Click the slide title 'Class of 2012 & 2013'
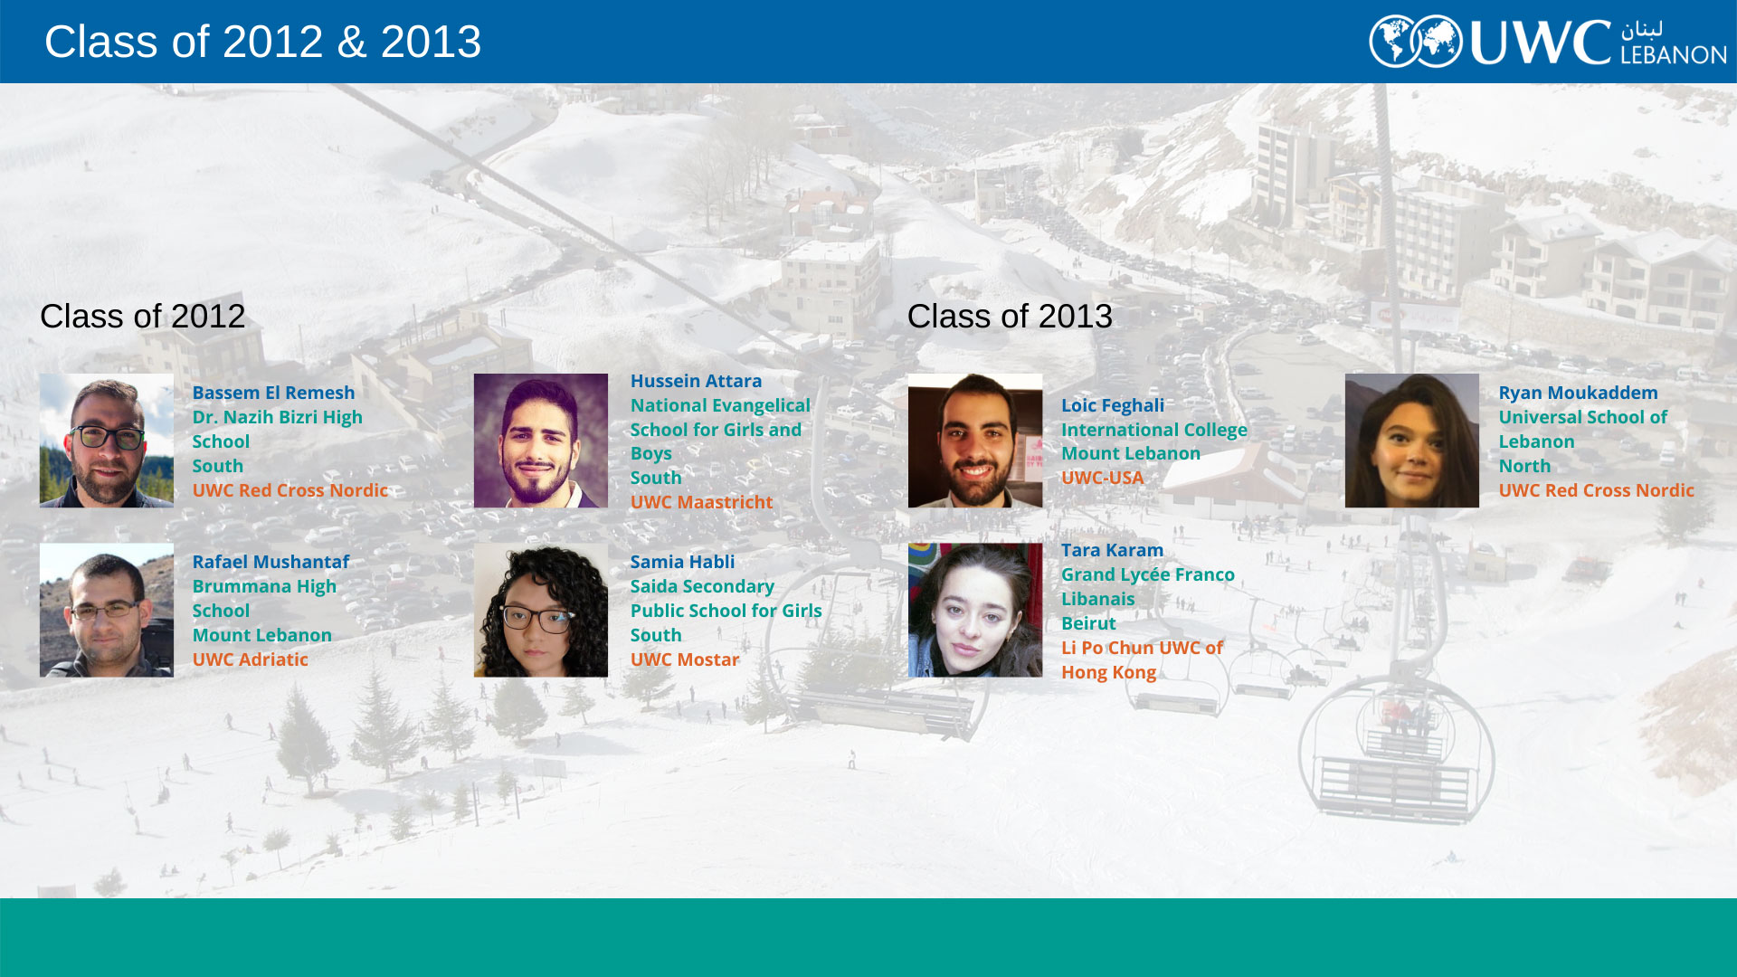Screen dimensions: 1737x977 tap(262, 42)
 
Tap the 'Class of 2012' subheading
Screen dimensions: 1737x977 tap(142, 317)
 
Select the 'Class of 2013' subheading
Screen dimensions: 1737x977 tap(1010, 317)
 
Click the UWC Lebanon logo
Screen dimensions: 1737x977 tap(1547, 42)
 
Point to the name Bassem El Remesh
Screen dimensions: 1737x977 tap(273, 393)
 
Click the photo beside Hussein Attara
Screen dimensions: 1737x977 tap(541, 441)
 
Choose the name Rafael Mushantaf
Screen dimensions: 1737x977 tap(271, 562)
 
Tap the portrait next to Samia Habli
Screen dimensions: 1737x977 tap(541, 610)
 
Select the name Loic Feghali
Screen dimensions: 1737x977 tap(1113, 405)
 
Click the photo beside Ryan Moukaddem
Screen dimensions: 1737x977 tap(1412, 441)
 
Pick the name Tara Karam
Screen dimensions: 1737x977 tap(1112, 550)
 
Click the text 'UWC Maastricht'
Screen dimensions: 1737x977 tap(701, 502)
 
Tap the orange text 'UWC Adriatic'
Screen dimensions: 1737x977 tap(250, 659)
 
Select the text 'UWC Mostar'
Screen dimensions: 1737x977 tap(685, 659)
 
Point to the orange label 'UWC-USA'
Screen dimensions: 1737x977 tap(1102, 478)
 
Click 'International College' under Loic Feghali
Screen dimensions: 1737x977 tap(1154, 430)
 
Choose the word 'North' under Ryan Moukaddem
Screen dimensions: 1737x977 tap(1524, 466)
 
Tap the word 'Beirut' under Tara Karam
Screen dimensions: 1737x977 tap(1088, 623)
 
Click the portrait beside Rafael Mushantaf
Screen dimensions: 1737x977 tap(107, 610)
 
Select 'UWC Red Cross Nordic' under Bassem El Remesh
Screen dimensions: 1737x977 tap(289, 490)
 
